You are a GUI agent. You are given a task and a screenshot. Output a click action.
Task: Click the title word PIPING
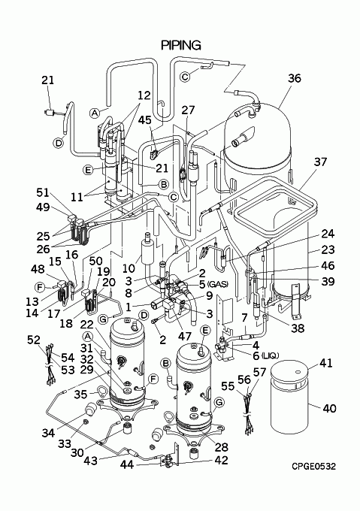tap(181, 45)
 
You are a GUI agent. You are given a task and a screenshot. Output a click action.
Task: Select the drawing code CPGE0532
tap(313, 467)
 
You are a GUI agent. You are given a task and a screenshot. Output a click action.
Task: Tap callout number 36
tap(295, 78)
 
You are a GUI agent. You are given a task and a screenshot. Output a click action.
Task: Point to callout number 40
tap(329, 408)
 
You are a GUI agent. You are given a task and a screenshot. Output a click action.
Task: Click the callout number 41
tap(325, 363)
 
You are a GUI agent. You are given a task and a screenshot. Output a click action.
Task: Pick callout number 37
tap(320, 162)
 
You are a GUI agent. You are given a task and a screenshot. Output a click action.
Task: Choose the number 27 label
tap(188, 110)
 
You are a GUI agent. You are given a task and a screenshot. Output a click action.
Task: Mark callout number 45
tap(145, 120)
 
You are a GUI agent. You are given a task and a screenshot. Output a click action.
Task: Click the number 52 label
tap(34, 340)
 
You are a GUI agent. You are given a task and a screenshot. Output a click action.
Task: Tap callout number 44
tap(127, 464)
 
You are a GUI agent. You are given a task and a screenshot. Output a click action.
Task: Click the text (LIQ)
tap(270, 355)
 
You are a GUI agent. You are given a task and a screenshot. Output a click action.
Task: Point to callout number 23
tap(328, 249)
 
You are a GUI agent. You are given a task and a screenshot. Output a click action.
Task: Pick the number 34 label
tap(49, 433)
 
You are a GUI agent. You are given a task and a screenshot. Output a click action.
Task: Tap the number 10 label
tap(129, 268)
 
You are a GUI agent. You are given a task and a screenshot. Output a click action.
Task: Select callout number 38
tap(298, 328)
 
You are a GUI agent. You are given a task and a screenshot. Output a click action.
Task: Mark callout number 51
tap(43, 192)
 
